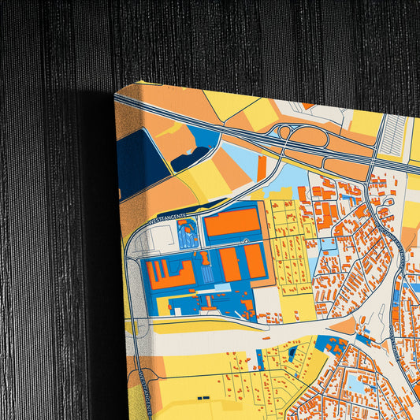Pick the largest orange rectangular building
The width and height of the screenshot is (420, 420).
[232, 221]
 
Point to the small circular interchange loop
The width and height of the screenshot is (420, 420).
[283, 132]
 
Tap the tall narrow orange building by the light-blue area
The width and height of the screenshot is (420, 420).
[262, 167]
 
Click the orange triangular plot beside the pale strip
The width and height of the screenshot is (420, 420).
[344, 325]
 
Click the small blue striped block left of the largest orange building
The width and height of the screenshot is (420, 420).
[188, 233]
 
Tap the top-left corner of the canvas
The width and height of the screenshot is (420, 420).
[117, 93]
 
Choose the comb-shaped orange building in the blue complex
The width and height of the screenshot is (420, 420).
[169, 273]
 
